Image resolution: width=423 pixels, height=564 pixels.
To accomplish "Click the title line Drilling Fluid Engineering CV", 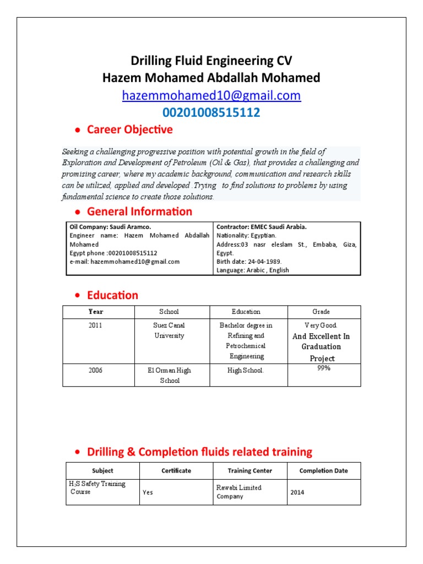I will [x=211, y=61].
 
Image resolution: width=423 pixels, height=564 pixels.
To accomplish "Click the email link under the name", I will [x=211, y=95].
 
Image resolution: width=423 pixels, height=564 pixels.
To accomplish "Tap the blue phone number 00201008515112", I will [x=211, y=113].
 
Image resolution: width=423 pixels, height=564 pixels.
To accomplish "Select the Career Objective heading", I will [x=129, y=129].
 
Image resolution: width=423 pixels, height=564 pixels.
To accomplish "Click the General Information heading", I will [x=139, y=211].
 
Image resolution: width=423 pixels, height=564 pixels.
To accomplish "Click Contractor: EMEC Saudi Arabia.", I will [x=262, y=227].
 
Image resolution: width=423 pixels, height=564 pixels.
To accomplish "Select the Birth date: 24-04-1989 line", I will [x=249, y=262].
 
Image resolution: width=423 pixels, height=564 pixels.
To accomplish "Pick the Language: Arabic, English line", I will [x=253, y=270].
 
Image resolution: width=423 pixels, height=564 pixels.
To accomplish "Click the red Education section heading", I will [x=112, y=295].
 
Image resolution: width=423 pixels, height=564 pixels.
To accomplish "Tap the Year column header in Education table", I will [x=95, y=312].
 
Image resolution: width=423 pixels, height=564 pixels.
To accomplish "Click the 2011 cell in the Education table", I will [x=95, y=326].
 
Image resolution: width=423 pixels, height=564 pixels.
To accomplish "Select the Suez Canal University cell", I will [x=169, y=330].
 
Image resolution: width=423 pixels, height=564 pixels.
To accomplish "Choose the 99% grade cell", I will [x=323, y=368].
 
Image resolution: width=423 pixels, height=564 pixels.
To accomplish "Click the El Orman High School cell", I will [x=169, y=375].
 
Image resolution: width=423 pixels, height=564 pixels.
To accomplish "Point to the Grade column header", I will [x=321, y=312].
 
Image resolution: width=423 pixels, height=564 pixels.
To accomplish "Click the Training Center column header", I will [x=250, y=471].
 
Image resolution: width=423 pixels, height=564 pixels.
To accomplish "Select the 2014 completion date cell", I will [x=296, y=493].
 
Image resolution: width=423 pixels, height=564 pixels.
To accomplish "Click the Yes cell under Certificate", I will [x=148, y=493].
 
